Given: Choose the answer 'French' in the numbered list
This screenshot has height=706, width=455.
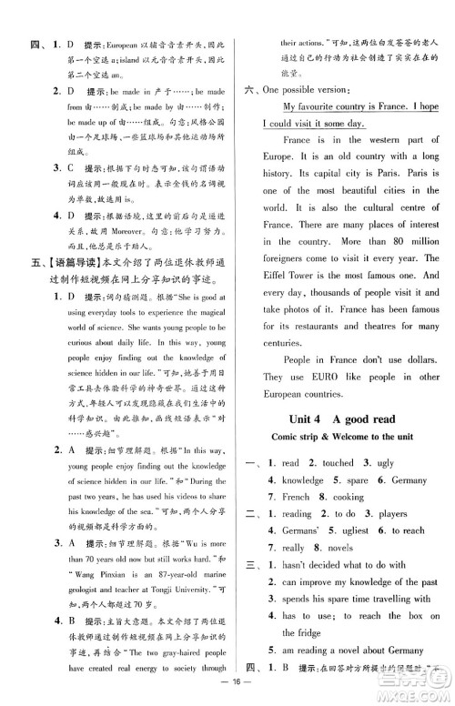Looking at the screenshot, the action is coord(296,498).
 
